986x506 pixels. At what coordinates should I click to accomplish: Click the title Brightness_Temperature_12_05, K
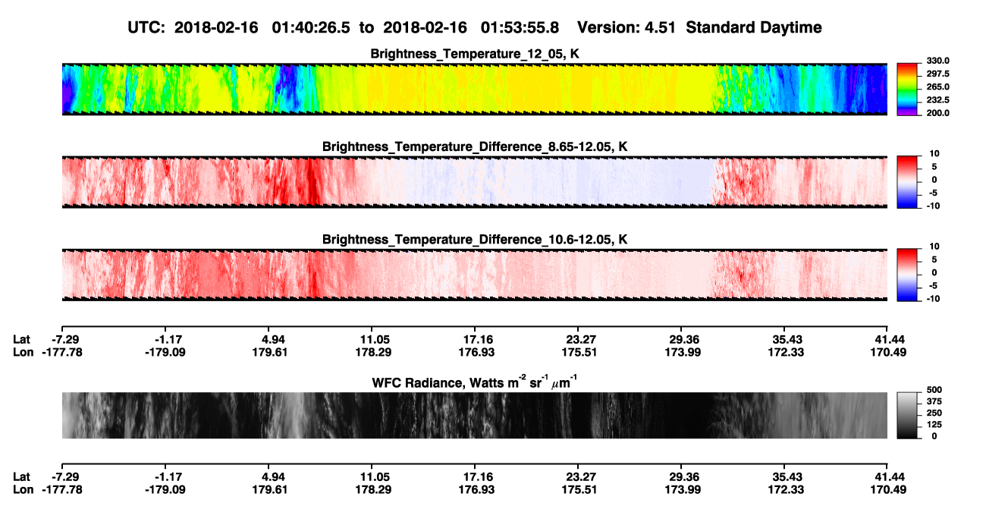(475, 54)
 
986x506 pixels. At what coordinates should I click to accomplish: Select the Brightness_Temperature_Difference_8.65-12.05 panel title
(475, 146)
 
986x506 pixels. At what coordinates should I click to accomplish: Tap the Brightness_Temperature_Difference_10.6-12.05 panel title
(475, 240)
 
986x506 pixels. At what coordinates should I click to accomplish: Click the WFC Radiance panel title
(475, 382)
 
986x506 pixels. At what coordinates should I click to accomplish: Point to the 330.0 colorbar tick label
(937, 61)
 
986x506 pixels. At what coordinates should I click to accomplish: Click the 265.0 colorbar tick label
(937, 86)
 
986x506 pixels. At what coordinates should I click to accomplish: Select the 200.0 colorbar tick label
(937, 113)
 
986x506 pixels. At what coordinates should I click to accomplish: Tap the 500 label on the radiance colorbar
(934, 390)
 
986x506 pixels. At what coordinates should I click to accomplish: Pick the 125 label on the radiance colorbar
(934, 425)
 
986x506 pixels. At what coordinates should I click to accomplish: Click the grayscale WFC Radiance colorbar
(907, 415)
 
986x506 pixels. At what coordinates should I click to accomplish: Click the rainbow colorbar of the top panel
(907, 90)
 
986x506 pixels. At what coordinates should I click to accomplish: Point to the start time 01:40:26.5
(311, 27)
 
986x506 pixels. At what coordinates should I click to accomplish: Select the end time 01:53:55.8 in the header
(520, 27)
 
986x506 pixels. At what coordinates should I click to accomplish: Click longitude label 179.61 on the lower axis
(270, 490)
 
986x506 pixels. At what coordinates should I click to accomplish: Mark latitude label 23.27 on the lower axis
(580, 477)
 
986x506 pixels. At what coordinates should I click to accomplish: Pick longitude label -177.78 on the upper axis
(62, 352)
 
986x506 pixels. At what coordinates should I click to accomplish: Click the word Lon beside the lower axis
(24, 490)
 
